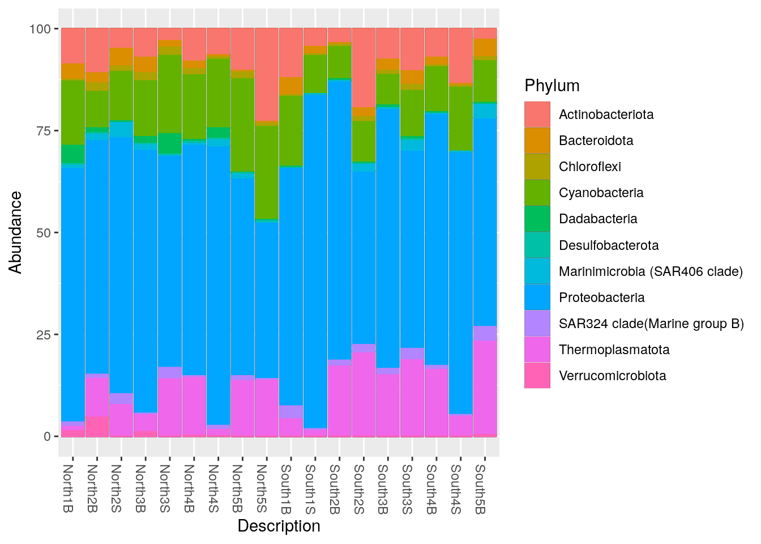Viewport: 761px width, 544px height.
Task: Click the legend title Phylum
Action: pyautogui.click(x=551, y=86)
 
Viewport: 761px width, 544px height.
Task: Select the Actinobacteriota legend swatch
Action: pyautogui.click(x=537, y=114)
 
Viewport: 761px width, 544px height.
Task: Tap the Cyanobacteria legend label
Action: pyautogui.click(x=601, y=193)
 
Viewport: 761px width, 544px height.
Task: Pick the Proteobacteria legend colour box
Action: pyautogui.click(x=537, y=297)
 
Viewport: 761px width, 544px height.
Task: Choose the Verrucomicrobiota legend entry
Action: pyautogui.click(x=612, y=376)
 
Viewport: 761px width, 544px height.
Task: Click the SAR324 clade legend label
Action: pyautogui.click(x=651, y=324)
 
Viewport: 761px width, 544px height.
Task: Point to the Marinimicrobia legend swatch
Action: pyautogui.click(x=537, y=271)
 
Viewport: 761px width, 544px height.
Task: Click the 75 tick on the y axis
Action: pyautogui.click(x=44, y=131)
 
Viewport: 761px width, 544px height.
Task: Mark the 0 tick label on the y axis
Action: pyautogui.click(x=48, y=436)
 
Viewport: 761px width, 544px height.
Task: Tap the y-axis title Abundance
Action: pyautogui.click(x=15, y=232)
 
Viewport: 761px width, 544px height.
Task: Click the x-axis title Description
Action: pyautogui.click(x=279, y=526)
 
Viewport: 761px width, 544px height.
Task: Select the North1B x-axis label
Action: pyautogui.click(x=68, y=488)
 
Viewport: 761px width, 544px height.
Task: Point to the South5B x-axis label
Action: pyautogui.click(x=480, y=488)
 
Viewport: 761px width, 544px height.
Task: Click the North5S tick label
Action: pyautogui.click(x=262, y=488)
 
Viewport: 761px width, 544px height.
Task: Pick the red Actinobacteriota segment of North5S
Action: pyautogui.click(x=267, y=74)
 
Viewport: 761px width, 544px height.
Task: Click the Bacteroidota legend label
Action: pyautogui.click(x=596, y=141)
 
